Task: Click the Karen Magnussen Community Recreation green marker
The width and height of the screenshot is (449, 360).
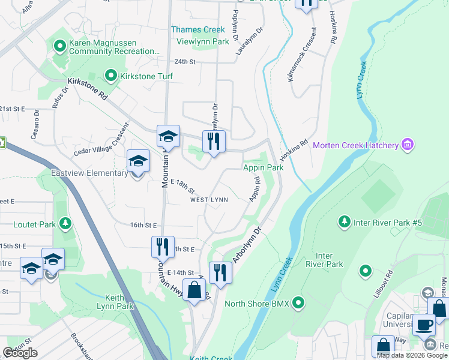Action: click(59, 46)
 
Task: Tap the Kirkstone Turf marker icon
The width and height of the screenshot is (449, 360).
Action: click(111, 76)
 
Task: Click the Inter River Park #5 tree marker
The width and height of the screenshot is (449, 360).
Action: click(345, 223)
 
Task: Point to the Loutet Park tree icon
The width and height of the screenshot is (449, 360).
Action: click(65, 225)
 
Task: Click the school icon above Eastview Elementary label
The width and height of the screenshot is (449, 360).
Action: click(138, 161)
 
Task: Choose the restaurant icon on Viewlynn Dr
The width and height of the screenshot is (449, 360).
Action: click(214, 142)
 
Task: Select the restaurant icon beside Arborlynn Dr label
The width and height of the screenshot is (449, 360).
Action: click(220, 273)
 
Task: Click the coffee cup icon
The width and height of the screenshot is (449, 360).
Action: click(424, 325)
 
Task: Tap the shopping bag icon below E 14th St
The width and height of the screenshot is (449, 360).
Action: click(195, 291)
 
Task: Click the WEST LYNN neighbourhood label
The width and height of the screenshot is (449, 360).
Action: click(209, 200)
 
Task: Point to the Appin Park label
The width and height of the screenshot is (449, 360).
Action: click(263, 168)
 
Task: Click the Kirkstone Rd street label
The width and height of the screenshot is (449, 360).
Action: click(88, 88)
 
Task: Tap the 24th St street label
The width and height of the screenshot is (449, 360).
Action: click(185, 62)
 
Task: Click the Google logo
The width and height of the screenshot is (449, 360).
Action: click(20, 353)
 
